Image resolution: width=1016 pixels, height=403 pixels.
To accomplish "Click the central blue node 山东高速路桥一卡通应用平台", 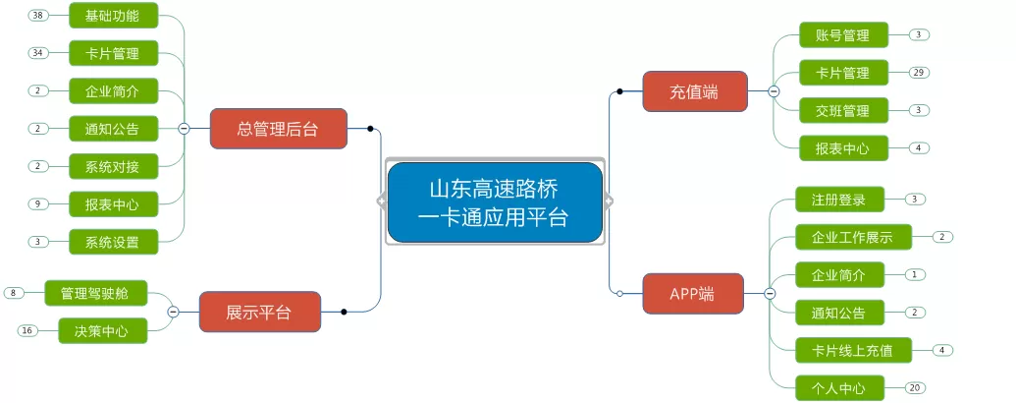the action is pos(495,201).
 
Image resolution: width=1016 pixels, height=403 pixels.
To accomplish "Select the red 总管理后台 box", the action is pos(279,129).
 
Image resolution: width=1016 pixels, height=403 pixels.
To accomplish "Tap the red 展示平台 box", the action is pos(260,312).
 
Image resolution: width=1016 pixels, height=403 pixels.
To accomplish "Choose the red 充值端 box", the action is pos(695,91).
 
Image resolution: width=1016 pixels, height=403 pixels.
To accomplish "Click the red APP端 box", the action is pos(693,293).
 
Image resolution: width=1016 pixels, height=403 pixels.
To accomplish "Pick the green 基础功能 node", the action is pos(114,16).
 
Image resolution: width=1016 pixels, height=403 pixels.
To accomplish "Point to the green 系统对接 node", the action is pos(114,167).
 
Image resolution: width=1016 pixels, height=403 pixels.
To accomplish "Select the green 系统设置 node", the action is pos(114,242).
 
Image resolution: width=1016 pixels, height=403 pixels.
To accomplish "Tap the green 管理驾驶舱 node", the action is pos(96,293).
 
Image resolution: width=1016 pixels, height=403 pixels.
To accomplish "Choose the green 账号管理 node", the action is pos(843,35).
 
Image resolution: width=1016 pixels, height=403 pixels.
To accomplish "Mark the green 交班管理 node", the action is pos(843,110).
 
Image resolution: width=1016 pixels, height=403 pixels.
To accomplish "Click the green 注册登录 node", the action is pos(839,199).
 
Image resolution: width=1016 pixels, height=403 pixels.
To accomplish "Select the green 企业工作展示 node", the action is pos(853,237).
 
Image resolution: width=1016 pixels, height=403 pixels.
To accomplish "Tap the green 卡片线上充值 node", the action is pos(853,351).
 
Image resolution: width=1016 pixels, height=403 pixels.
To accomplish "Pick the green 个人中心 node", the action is pos(839,388).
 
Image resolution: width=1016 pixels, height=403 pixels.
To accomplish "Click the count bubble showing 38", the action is pos(38,16).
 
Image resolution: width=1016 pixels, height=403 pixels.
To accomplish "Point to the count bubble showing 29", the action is pos(918,73).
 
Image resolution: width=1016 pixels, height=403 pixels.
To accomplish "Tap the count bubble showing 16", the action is pos(27,331).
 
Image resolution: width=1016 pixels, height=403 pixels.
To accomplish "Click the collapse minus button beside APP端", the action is pos(770,294).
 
